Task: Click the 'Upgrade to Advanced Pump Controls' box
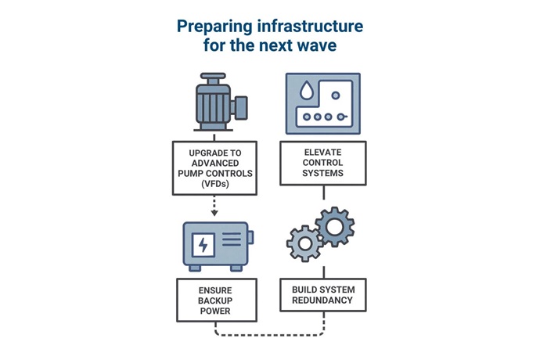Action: pyautogui.click(x=214, y=167)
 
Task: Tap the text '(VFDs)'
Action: pyautogui.click(x=214, y=184)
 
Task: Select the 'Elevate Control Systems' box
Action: pyautogui.click(x=322, y=163)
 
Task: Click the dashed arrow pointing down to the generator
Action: pyautogui.click(x=214, y=206)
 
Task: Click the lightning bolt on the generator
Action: pyautogui.click(x=203, y=245)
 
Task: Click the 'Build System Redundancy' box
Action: pyautogui.click(x=322, y=295)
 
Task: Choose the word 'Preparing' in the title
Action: pyautogui.click(x=214, y=27)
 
